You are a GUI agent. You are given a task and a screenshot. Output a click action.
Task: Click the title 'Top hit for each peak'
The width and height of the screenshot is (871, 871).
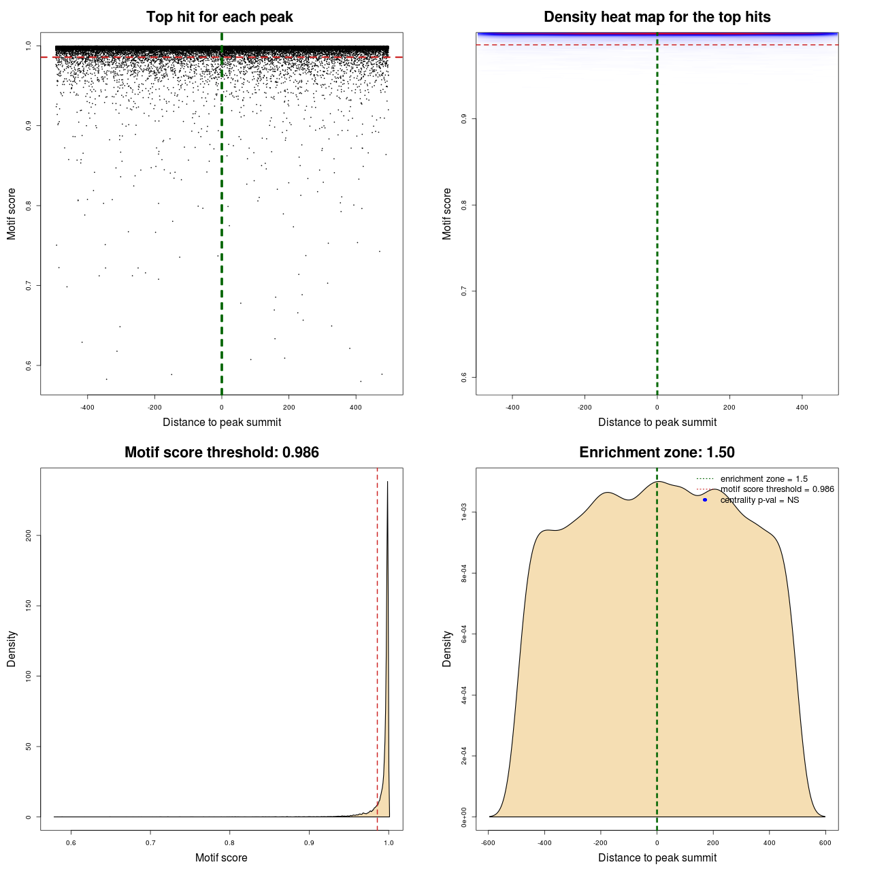[219, 17]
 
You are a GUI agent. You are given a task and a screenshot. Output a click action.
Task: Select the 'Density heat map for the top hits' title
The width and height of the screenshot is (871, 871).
[657, 17]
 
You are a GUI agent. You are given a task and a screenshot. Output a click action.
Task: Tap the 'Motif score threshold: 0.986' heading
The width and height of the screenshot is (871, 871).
[221, 453]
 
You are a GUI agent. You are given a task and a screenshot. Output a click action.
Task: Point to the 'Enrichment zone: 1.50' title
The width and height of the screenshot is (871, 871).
[657, 453]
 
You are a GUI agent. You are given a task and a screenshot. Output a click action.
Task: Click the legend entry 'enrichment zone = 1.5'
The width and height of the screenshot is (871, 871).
[763, 479]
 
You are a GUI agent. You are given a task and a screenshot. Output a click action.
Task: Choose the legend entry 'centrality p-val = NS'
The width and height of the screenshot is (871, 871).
[759, 500]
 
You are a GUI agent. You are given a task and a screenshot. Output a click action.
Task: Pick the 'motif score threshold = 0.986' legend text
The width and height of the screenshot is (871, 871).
[777, 489]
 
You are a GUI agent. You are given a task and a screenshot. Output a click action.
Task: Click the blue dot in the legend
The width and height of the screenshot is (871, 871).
[705, 500]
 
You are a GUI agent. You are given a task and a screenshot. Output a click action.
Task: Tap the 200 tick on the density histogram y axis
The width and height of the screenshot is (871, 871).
[29, 536]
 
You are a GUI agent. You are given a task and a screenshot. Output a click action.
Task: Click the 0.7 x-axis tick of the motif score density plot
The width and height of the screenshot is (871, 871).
[150, 842]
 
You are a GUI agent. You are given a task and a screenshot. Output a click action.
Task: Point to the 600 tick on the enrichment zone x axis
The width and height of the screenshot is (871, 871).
[825, 842]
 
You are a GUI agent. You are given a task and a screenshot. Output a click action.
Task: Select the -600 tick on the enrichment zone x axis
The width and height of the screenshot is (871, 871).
[488, 842]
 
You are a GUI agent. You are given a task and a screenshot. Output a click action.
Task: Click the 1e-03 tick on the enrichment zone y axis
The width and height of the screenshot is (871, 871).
[464, 512]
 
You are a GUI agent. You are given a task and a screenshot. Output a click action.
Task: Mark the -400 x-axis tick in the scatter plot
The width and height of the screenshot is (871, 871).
[87, 408]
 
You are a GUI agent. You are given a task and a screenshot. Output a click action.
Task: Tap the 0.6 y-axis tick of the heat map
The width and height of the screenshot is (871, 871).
[464, 377]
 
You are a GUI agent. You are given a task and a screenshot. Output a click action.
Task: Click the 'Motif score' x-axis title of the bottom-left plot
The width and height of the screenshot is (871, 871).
[221, 857]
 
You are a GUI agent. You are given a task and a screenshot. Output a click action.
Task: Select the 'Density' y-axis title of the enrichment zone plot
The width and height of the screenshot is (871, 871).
[447, 648]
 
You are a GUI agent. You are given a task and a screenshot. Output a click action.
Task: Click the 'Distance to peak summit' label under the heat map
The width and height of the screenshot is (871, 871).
[657, 422]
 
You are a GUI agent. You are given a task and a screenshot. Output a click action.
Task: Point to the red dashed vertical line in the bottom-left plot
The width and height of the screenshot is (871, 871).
[377, 646]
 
